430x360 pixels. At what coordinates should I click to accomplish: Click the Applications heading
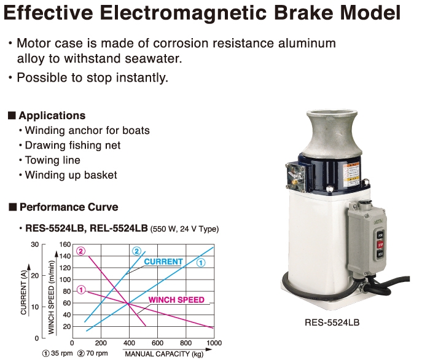pyautogui.click(x=52, y=115)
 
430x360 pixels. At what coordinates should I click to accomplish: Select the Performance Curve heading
pyautogui.click(x=69, y=207)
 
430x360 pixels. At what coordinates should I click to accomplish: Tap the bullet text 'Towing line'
pyautogui.click(x=53, y=160)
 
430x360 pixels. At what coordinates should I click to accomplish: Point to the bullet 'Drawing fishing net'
pyautogui.click(x=72, y=146)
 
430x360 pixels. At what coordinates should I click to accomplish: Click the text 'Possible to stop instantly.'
pyautogui.click(x=92, y=77)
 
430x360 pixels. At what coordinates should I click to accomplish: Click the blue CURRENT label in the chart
pyautogui.click(x=163, y=262)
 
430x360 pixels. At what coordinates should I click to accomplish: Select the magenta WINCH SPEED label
pyautogui.click(x=176, y=300)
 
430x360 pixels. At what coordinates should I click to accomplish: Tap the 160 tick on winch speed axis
pyautogui.click(x=65, y=245)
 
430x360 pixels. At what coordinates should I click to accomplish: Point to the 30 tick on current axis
pyautogui.click(x=35, y=245)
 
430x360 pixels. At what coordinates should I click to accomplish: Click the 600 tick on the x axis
pyautogui.click(x=157, y=343)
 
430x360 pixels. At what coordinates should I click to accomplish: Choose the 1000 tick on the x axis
pyautogui.click(x=214, y=343)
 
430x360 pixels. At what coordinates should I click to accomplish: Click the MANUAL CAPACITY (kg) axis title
pyautogui.click(x=164, y=354)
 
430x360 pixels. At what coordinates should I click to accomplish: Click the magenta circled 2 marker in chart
pyautogui.click(x=80, y=251)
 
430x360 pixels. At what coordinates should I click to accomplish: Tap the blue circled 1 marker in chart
pyautogui.click(x=201, y=263)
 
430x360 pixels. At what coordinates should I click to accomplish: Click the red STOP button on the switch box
pyautogui.click(x=380, y=245)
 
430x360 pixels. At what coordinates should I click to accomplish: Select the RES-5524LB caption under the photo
pyautogui.click(x=332, y=322)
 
